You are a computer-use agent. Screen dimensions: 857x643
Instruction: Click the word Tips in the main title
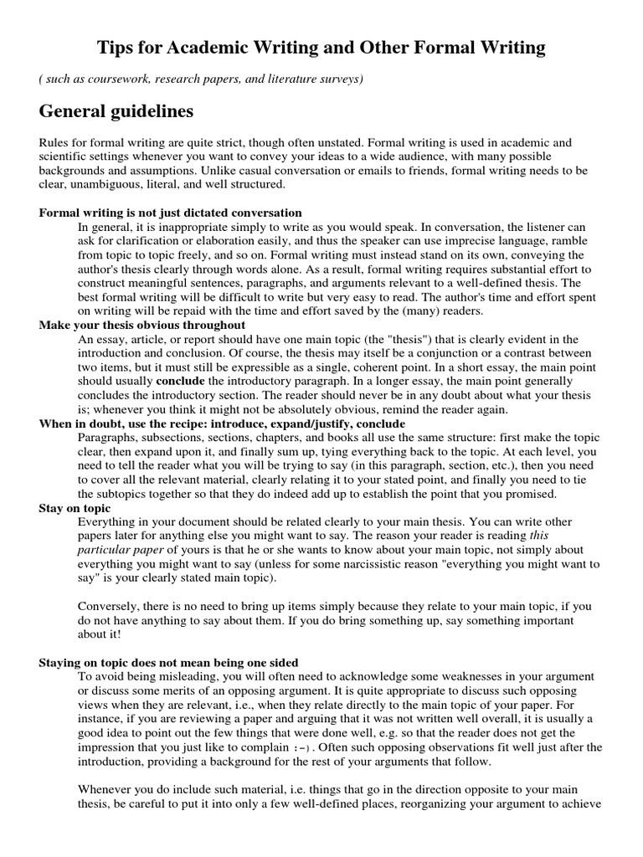117,49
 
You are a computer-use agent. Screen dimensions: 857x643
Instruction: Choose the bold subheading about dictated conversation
171,213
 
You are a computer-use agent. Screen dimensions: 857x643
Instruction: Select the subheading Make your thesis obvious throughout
142,326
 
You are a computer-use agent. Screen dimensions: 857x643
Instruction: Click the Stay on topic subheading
74,508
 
